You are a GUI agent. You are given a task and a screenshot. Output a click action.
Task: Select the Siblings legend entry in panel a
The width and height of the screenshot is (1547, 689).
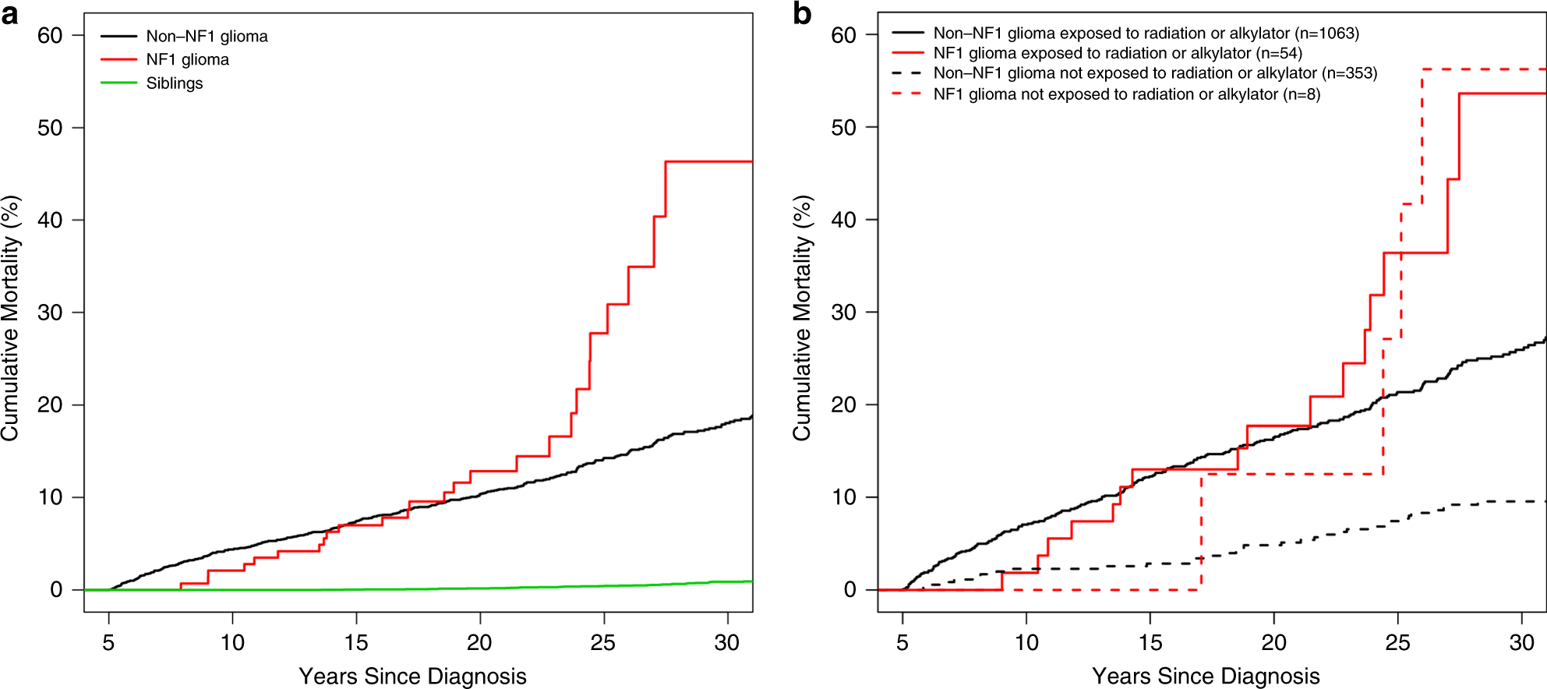[174, 83]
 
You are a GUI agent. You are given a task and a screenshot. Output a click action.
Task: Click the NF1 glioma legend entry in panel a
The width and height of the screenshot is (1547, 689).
[187, 60]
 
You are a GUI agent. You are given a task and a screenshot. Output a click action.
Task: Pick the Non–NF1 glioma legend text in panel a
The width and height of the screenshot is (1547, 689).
[207, 37]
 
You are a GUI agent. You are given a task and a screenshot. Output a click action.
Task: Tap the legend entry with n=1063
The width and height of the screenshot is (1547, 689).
[1146, 34]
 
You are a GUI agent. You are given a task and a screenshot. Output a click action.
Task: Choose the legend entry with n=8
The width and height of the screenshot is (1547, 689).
[1126, 94]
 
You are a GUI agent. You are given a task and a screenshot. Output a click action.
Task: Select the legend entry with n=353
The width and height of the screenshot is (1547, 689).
[1155, 73]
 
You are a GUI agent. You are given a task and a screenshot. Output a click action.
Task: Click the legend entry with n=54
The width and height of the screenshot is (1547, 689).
[1118, 53]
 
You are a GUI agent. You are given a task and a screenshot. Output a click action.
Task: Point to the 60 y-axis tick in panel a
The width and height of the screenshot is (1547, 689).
[50, 36]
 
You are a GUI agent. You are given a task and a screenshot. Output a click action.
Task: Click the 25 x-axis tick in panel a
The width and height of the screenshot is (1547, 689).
[603, 643]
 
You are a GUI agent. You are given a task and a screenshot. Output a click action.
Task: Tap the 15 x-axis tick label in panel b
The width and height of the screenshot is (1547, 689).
[1150, 643]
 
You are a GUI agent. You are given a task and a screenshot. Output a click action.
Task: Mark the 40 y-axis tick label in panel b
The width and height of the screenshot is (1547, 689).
[843, 220]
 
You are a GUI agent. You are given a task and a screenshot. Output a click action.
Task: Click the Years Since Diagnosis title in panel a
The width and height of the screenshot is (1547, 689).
[412, 676]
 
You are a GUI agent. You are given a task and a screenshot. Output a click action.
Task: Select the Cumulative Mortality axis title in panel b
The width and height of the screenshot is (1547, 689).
[802, 318]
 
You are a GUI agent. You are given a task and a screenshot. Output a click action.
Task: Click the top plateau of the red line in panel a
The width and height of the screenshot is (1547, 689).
[709, 161]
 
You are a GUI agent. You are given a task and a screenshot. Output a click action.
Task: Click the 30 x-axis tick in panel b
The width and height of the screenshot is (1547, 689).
[1521, 643]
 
